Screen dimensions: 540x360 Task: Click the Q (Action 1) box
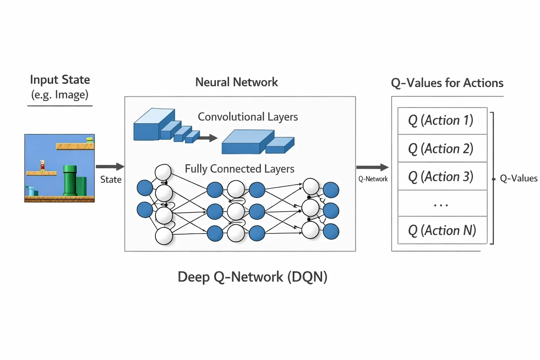pyautogui.click(x=442, y=121)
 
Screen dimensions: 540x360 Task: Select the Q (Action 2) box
pyautogui.click(x=442, y=148)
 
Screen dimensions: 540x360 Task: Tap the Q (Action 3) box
pyautogui.click(x=442, y=176)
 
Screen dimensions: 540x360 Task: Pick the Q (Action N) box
pyautogui.click(x=442, y=230)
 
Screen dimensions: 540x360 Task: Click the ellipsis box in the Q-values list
pyautogui.click(x=442, y=203)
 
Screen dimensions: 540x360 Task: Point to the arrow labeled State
pyautogui.click(x=110, y=166)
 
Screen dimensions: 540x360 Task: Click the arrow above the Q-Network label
pyautogui.click(x=372, y=167)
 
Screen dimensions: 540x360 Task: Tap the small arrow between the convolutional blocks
pyautogui.click(x=208, y=138)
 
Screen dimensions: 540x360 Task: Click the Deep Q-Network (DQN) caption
pyautogui.click(x=252, y=277)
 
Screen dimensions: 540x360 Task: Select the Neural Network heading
pyautogui.click(x=237, y=82)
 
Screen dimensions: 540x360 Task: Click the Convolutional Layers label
pyautogui.click(x=248, y=117)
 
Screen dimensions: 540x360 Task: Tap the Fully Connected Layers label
pyautogui.click(x=240, y=169)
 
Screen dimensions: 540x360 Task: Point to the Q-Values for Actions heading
pyautogui.click(x=447, y=83)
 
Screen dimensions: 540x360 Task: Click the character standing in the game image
pyautogui.click(x=43, y=165)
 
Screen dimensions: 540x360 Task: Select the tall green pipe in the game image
pyautogui.click(x=70, y=180)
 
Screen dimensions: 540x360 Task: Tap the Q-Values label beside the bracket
pyautogui.click(x=519, y=178)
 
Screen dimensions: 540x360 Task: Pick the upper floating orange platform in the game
pyautogui.click(x=75, y=146)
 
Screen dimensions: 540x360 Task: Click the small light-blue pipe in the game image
pyautogui.click(x=31, y=191)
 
